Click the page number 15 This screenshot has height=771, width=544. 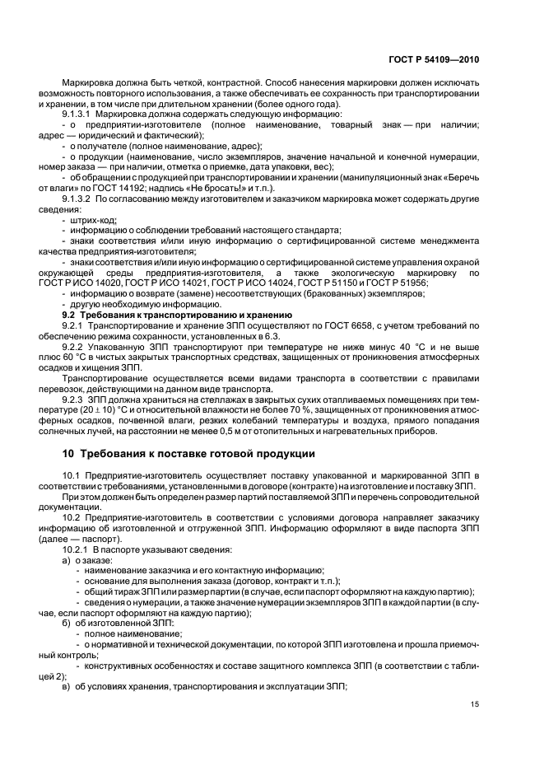475,703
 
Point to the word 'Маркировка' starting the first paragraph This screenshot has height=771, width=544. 88,84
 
